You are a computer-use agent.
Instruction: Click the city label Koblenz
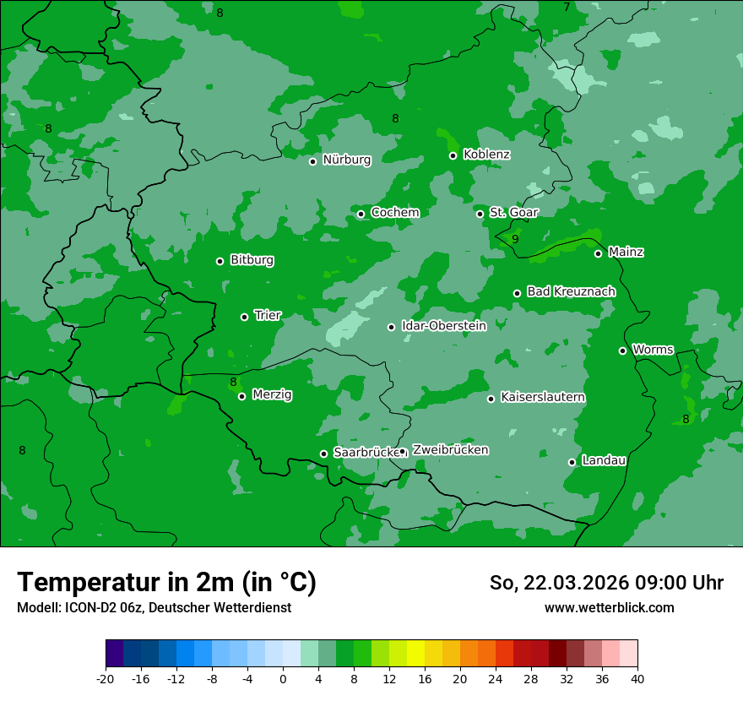tap(486, 155)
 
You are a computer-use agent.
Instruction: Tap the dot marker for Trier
tap(244, 317)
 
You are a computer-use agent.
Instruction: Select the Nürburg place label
tap(346, 160)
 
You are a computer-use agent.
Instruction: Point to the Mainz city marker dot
tap(598, 253)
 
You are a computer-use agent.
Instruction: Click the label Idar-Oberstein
tap(443, 326)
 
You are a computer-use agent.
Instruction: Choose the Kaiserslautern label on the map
tap(542, 397)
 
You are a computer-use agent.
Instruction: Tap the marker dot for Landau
tap(572, 462)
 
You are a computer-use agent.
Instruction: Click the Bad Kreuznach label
tap(571, 291)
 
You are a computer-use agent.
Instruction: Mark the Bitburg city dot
tap(220, 261)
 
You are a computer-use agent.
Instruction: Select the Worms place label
tap(652, 350)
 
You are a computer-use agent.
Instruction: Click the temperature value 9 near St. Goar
tap(515, 240)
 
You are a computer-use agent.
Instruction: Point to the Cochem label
tap(394, 213)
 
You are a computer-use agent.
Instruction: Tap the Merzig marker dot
tap(241, 396)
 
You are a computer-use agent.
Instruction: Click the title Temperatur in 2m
tap(166, 582)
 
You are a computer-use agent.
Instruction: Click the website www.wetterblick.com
tap(609, 608)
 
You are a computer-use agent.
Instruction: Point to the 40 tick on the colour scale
tap(637, 679)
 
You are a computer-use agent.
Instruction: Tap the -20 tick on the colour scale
tap(106, 679)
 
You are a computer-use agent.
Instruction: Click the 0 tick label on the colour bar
tap(283, 679)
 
